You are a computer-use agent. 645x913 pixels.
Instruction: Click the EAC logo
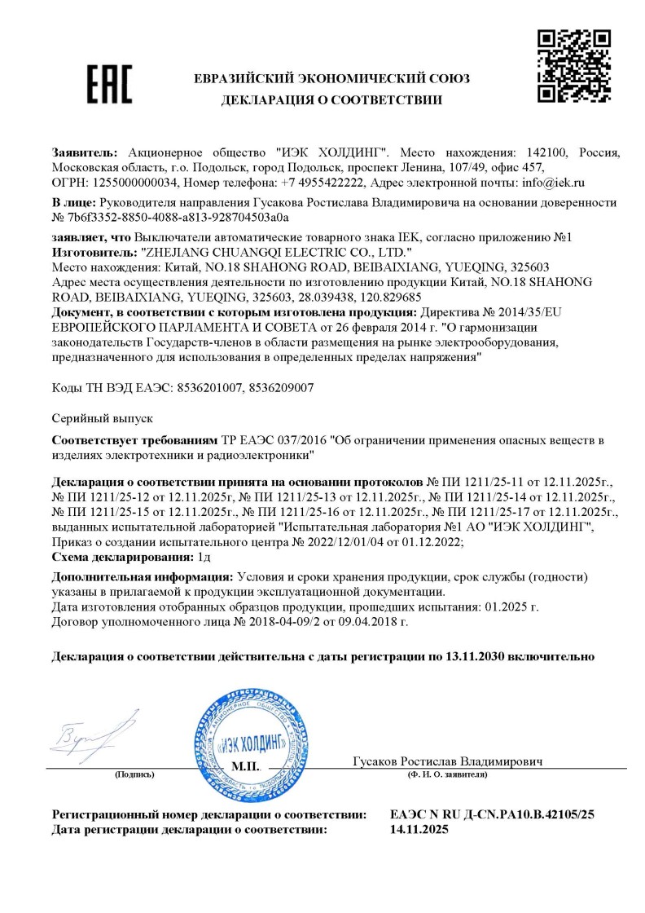[109, 86]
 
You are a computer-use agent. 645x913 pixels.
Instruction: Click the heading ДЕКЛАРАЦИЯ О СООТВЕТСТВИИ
[331, 101]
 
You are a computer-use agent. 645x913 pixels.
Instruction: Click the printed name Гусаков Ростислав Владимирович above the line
[448, 761]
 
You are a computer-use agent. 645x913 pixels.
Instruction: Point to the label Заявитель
[85, 152]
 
